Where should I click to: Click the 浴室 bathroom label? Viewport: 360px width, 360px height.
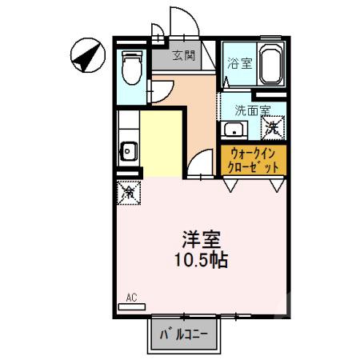coord(239,64)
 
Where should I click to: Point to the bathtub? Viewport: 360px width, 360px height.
coord(270,66)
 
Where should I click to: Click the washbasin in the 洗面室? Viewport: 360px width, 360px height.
coord(234,130)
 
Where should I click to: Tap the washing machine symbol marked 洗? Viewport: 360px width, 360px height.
coord(274,126)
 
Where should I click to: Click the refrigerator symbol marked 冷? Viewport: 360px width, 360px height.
coord(128,191)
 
